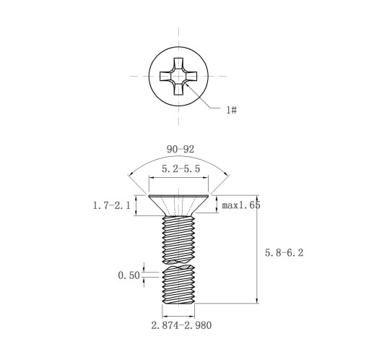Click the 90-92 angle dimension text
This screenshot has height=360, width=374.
pos(181,150)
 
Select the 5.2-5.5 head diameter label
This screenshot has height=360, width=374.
pos(181,168)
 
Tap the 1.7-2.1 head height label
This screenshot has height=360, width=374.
pos(112,205)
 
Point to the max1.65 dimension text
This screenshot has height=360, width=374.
pos(241,205)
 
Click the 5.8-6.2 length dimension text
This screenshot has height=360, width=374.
pos(284,253)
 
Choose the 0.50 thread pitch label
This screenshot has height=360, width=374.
pos(129,275)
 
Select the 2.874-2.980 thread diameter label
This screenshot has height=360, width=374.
pos(181,325)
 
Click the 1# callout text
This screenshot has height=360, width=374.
pos(232,110)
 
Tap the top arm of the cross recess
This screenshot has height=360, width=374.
pos(178,64)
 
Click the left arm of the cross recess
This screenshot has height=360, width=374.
pos(166,76)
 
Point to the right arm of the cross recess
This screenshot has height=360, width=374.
pos(191,76)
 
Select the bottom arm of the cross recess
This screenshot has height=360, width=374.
pos(178,89)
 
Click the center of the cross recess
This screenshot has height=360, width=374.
pos(178,76)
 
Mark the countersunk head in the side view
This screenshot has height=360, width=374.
pos(178,205)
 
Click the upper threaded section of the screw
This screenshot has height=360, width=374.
pos(178,239)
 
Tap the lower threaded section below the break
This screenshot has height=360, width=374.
pos(178,284)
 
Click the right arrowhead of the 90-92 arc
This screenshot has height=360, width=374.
pos(226,175)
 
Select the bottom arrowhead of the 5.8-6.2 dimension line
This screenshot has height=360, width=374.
pos(257,300)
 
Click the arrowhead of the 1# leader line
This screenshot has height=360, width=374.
pos(187,85)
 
